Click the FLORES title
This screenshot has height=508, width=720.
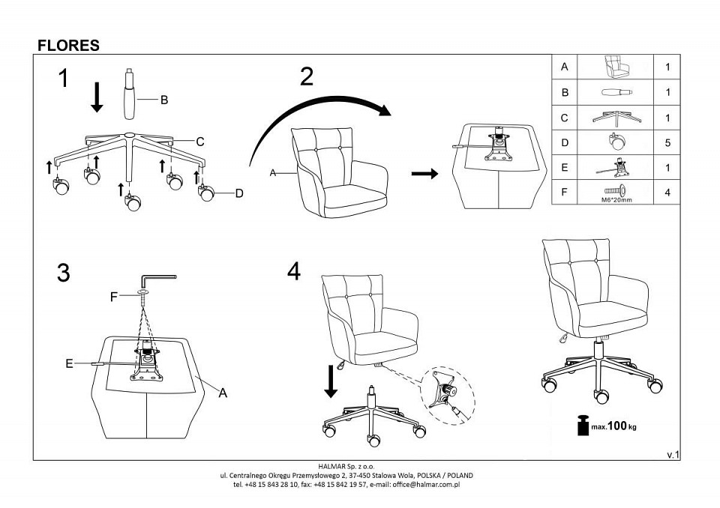click(68, 46)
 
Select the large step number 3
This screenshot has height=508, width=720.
click(64, 273)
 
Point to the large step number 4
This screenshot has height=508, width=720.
click(293, 271)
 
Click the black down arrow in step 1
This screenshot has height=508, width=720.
click(96, 98)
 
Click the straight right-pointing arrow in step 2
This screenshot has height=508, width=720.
click(424, 174)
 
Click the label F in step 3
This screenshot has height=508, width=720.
click(114, 297)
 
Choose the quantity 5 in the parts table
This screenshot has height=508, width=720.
click(667, 142)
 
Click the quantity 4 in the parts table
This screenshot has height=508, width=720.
click(667, 193)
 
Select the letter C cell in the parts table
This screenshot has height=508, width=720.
click(565, 118)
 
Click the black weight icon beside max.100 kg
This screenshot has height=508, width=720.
click(582, 425)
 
